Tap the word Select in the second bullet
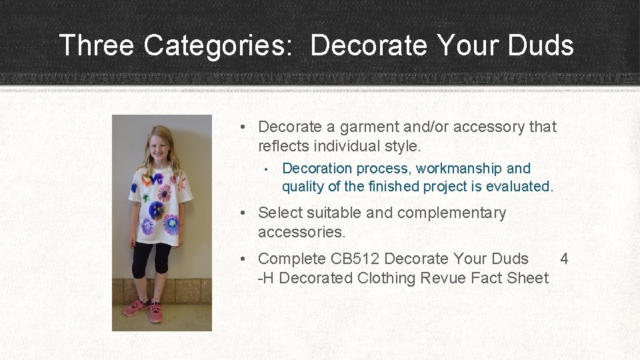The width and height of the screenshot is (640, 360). tap(279, 213)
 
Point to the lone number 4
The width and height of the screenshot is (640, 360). tap(564, 259)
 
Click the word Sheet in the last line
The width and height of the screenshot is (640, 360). tap(526, 278)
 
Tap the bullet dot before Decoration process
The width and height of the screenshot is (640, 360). tap(265, 169)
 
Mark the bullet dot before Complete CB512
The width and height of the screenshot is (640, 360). tap(245, 259)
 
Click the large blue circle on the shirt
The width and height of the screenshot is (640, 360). tap(157, 211)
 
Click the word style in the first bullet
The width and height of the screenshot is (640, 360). tap(401, 145)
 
